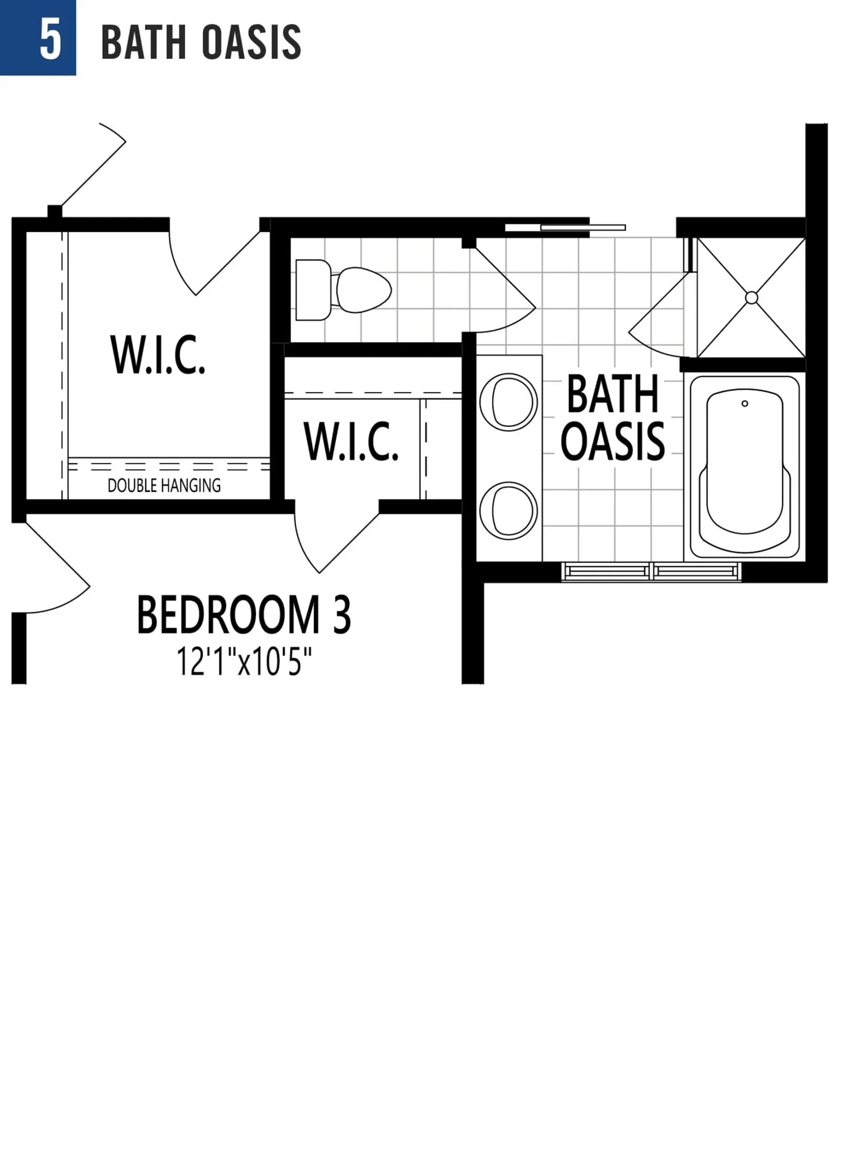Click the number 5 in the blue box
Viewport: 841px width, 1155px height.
point(50,40)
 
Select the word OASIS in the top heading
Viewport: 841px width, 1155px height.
point(251,42)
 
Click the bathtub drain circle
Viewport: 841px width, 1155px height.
point(744,403)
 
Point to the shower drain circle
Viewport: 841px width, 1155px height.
point(752,298)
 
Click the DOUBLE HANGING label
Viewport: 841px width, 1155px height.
point(164,485)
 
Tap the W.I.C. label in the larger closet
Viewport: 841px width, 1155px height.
point(158,355)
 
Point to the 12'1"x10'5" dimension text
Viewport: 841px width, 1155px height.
point(244,661)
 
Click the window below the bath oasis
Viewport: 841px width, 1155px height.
point(651,571)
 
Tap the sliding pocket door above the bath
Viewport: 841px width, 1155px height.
point(565,227)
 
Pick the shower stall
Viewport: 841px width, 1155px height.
point(751,298)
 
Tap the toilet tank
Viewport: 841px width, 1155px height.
point(313,289)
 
